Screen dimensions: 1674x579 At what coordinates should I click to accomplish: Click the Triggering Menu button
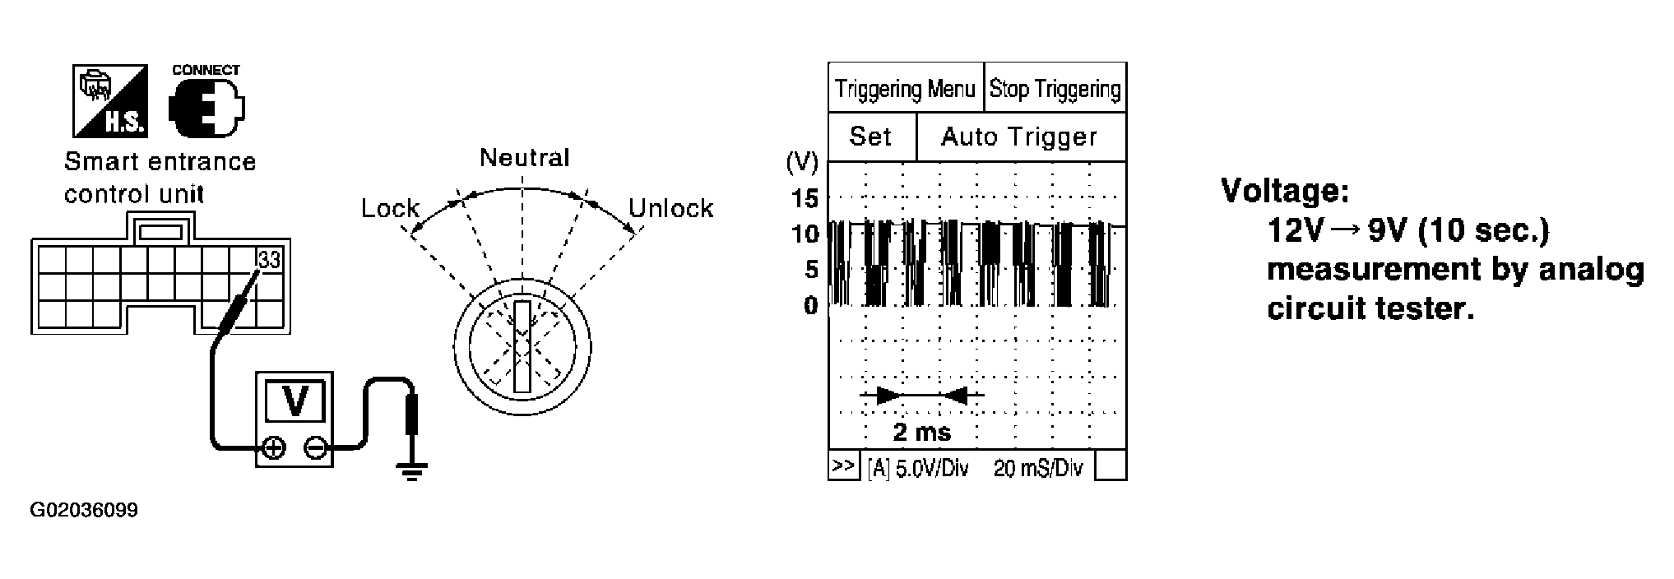906,87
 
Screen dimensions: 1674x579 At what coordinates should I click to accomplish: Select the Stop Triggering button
1055,87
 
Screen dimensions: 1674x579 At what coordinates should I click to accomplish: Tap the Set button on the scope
871,137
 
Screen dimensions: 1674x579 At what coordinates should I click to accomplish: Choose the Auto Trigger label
1020,137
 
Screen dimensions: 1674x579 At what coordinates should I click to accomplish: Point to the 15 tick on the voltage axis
805,198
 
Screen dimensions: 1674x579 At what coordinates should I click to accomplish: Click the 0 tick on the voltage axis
811,306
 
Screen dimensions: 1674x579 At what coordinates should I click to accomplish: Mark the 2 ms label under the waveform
921,432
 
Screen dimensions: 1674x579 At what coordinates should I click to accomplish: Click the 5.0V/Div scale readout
917,469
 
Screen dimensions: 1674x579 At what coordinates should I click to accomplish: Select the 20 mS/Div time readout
1038,469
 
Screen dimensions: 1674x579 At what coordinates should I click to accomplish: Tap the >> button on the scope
843,466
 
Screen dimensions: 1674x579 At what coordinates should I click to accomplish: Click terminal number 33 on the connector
269,260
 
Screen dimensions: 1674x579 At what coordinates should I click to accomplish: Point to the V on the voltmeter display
294,400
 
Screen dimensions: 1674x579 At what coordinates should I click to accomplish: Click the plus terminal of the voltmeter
273,448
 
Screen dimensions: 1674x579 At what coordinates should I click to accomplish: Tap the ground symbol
411,470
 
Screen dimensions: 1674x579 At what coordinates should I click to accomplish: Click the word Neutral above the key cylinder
525,157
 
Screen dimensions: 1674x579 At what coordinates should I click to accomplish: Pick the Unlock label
671,208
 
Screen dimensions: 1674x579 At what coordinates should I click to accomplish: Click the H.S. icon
110,100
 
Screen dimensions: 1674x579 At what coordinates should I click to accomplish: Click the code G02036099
84,511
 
